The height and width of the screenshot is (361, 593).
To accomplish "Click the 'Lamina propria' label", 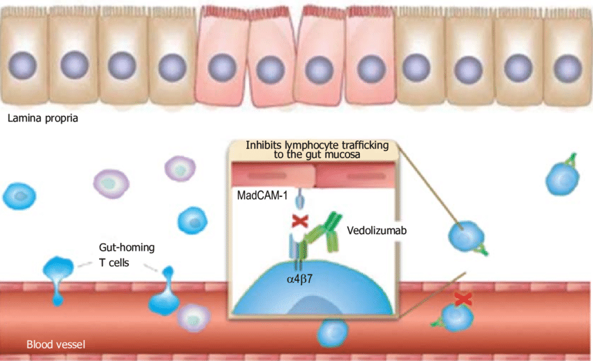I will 43,118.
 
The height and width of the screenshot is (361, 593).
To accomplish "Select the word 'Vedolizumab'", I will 377,229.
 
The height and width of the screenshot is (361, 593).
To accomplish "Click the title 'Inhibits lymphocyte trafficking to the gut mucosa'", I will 312,149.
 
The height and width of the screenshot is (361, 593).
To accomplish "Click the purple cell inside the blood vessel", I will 193,318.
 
